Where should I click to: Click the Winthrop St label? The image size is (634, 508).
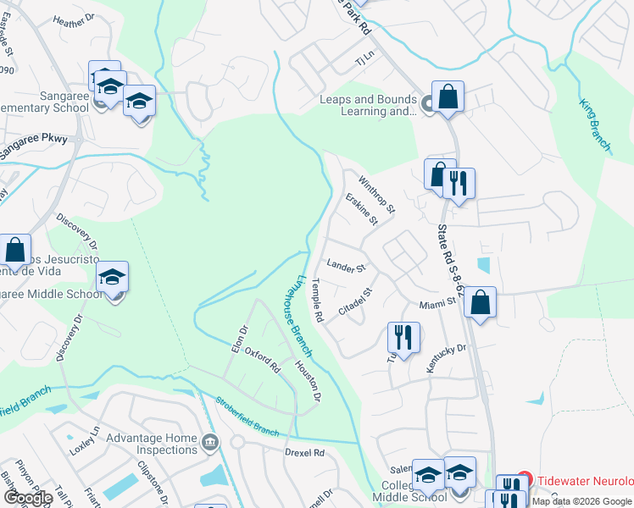[376, 193]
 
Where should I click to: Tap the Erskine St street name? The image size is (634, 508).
[362, 208]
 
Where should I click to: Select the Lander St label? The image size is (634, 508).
[345, 267]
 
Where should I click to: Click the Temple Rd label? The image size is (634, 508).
[318, 301]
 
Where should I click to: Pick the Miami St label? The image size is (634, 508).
[437, 304]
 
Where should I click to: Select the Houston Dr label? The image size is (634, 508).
[308, 381]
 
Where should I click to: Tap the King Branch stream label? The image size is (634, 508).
[595, 125]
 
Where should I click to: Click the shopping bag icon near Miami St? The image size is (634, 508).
[480, 303]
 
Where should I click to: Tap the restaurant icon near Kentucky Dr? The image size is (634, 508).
[403, 336]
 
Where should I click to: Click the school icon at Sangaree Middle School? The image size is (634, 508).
[113, 278]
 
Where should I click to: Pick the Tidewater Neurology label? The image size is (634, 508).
[585, 480]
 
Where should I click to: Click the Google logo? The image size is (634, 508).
[28, 497]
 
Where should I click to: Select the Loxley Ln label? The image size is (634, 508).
[85, 440]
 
